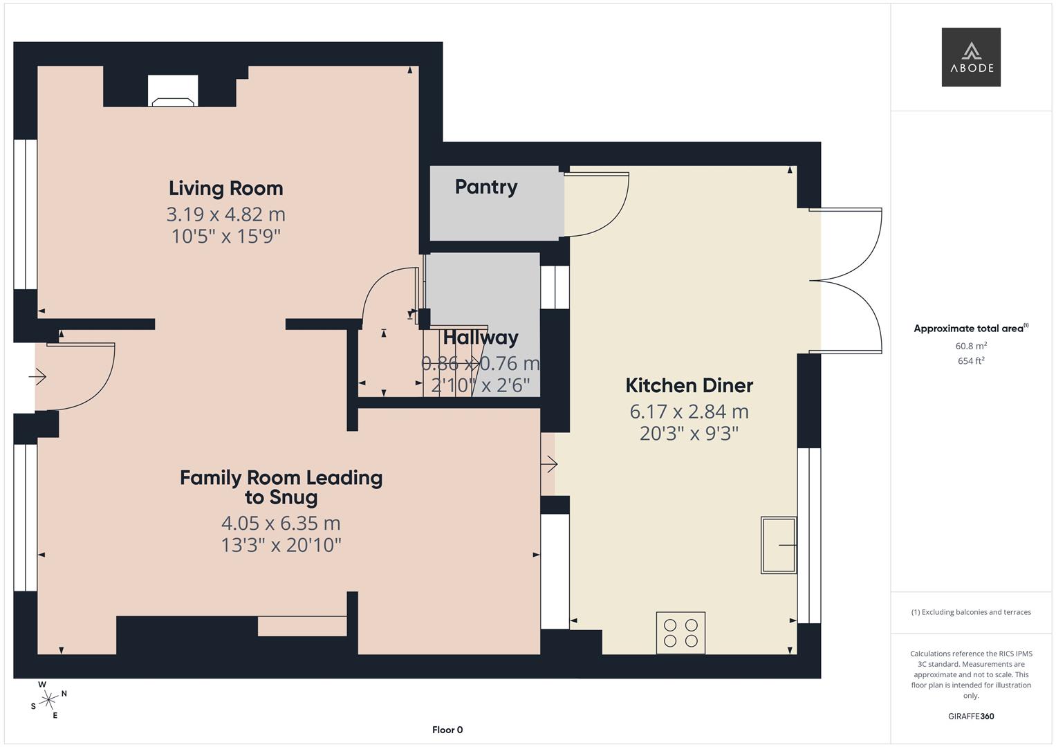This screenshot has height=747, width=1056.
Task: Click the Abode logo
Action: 970,57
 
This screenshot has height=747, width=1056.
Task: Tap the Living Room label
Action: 225,188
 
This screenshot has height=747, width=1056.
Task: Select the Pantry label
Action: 486,187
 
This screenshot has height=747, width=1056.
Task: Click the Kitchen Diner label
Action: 689,385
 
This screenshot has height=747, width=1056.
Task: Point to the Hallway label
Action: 481,338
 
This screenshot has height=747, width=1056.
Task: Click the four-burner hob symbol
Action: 680,632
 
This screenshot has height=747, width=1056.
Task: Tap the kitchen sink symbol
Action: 779,544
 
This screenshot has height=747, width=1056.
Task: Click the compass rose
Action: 48,700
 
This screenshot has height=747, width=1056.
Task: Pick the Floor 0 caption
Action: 447,730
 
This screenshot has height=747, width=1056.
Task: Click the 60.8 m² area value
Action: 970,346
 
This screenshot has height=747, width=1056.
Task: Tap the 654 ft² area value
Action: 970,361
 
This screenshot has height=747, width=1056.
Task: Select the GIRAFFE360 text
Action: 970,716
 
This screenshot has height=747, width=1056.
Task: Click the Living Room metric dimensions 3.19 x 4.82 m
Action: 225,214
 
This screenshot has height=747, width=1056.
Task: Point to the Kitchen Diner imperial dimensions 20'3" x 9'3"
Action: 689,434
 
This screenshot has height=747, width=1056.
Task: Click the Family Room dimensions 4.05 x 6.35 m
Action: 281,523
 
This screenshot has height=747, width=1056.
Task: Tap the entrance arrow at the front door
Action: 37,377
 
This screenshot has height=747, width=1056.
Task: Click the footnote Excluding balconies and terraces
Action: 970,612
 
